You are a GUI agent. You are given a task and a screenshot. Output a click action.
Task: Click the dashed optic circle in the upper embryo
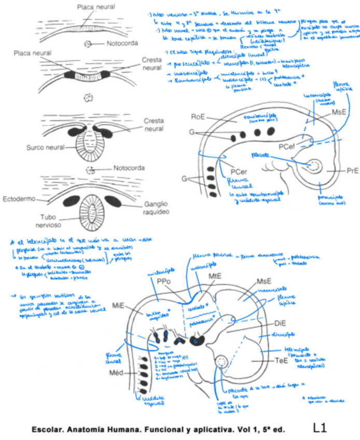314,166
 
